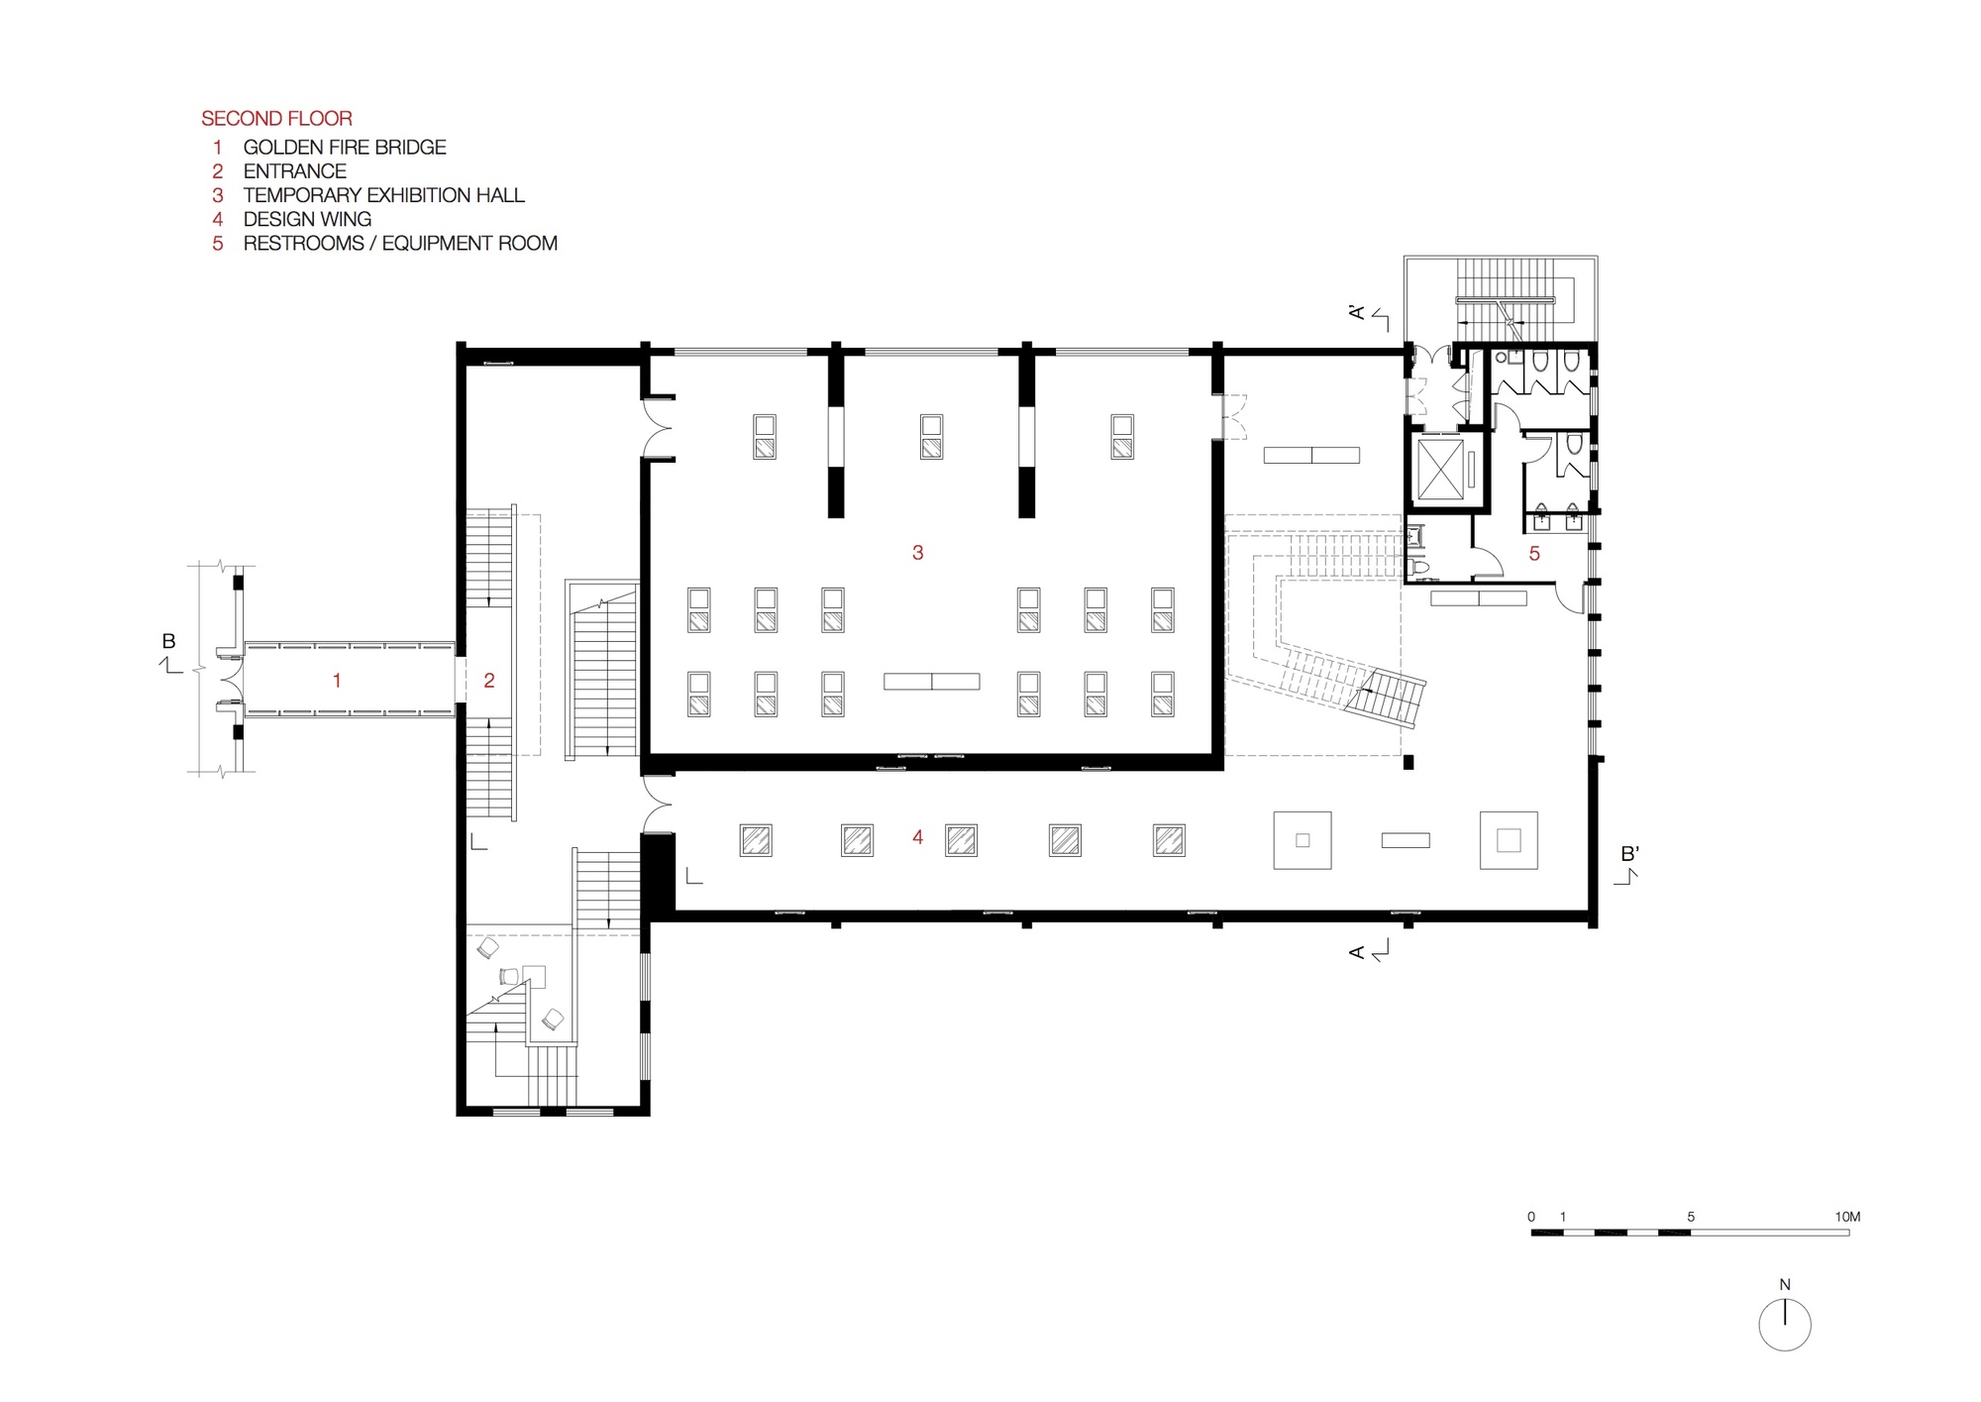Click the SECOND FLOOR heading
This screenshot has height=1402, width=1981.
(276, 119)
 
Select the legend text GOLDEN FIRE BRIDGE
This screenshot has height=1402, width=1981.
(344, 148)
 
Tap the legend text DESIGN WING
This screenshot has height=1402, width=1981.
(307, 220)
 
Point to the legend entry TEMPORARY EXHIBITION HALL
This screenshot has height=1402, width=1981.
(383, 196)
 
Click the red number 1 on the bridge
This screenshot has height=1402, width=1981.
(338, 681)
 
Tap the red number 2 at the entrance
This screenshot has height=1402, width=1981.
(488, 681)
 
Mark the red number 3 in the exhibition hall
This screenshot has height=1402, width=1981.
(917, 553)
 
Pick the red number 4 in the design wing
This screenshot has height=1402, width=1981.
(917, 838)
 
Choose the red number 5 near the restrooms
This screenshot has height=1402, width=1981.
(1534, 554)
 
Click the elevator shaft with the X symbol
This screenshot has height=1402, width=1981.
(1439, 470)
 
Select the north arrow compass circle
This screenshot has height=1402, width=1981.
(1785, 1325)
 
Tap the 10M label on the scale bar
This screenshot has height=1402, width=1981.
(1847, 1217)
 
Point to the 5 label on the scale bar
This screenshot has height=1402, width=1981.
(1691, 1217)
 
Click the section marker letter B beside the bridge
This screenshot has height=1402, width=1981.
(168, 642)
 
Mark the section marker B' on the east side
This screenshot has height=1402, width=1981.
(1629, 854)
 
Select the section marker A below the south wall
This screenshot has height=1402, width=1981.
(1357, 952)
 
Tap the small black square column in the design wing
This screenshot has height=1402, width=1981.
(1408, 762)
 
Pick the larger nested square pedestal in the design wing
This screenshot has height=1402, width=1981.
(1508, 840)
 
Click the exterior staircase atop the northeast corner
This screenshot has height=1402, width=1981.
(1501, 297)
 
